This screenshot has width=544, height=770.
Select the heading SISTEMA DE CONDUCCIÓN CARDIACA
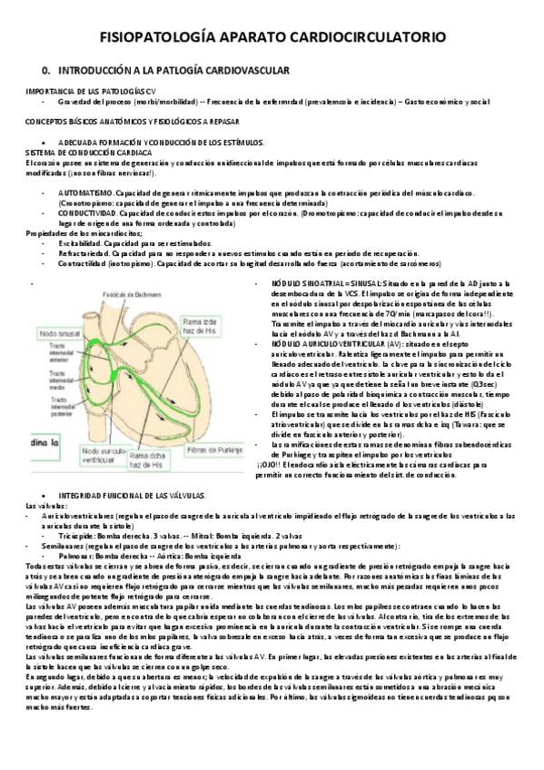pos(82,153)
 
